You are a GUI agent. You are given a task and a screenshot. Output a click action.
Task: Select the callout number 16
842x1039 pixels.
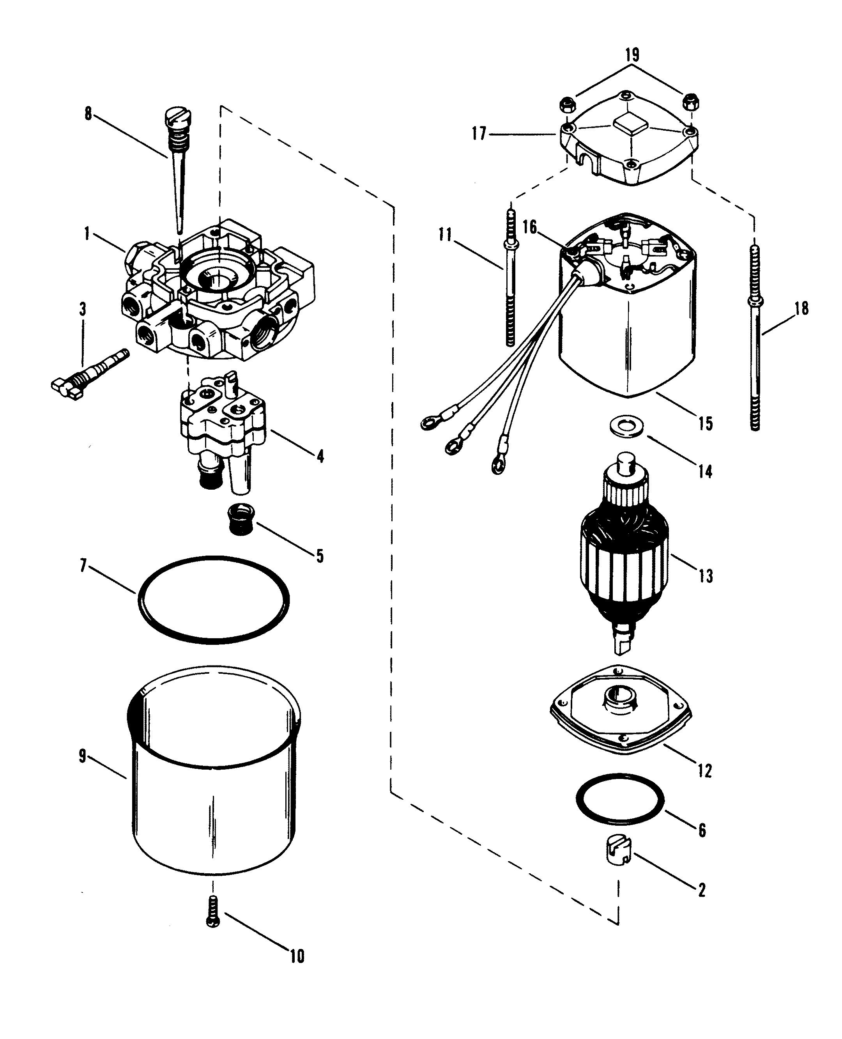coord(530,227)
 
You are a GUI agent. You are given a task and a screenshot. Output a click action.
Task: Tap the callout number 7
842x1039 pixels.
coord(83,566)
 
